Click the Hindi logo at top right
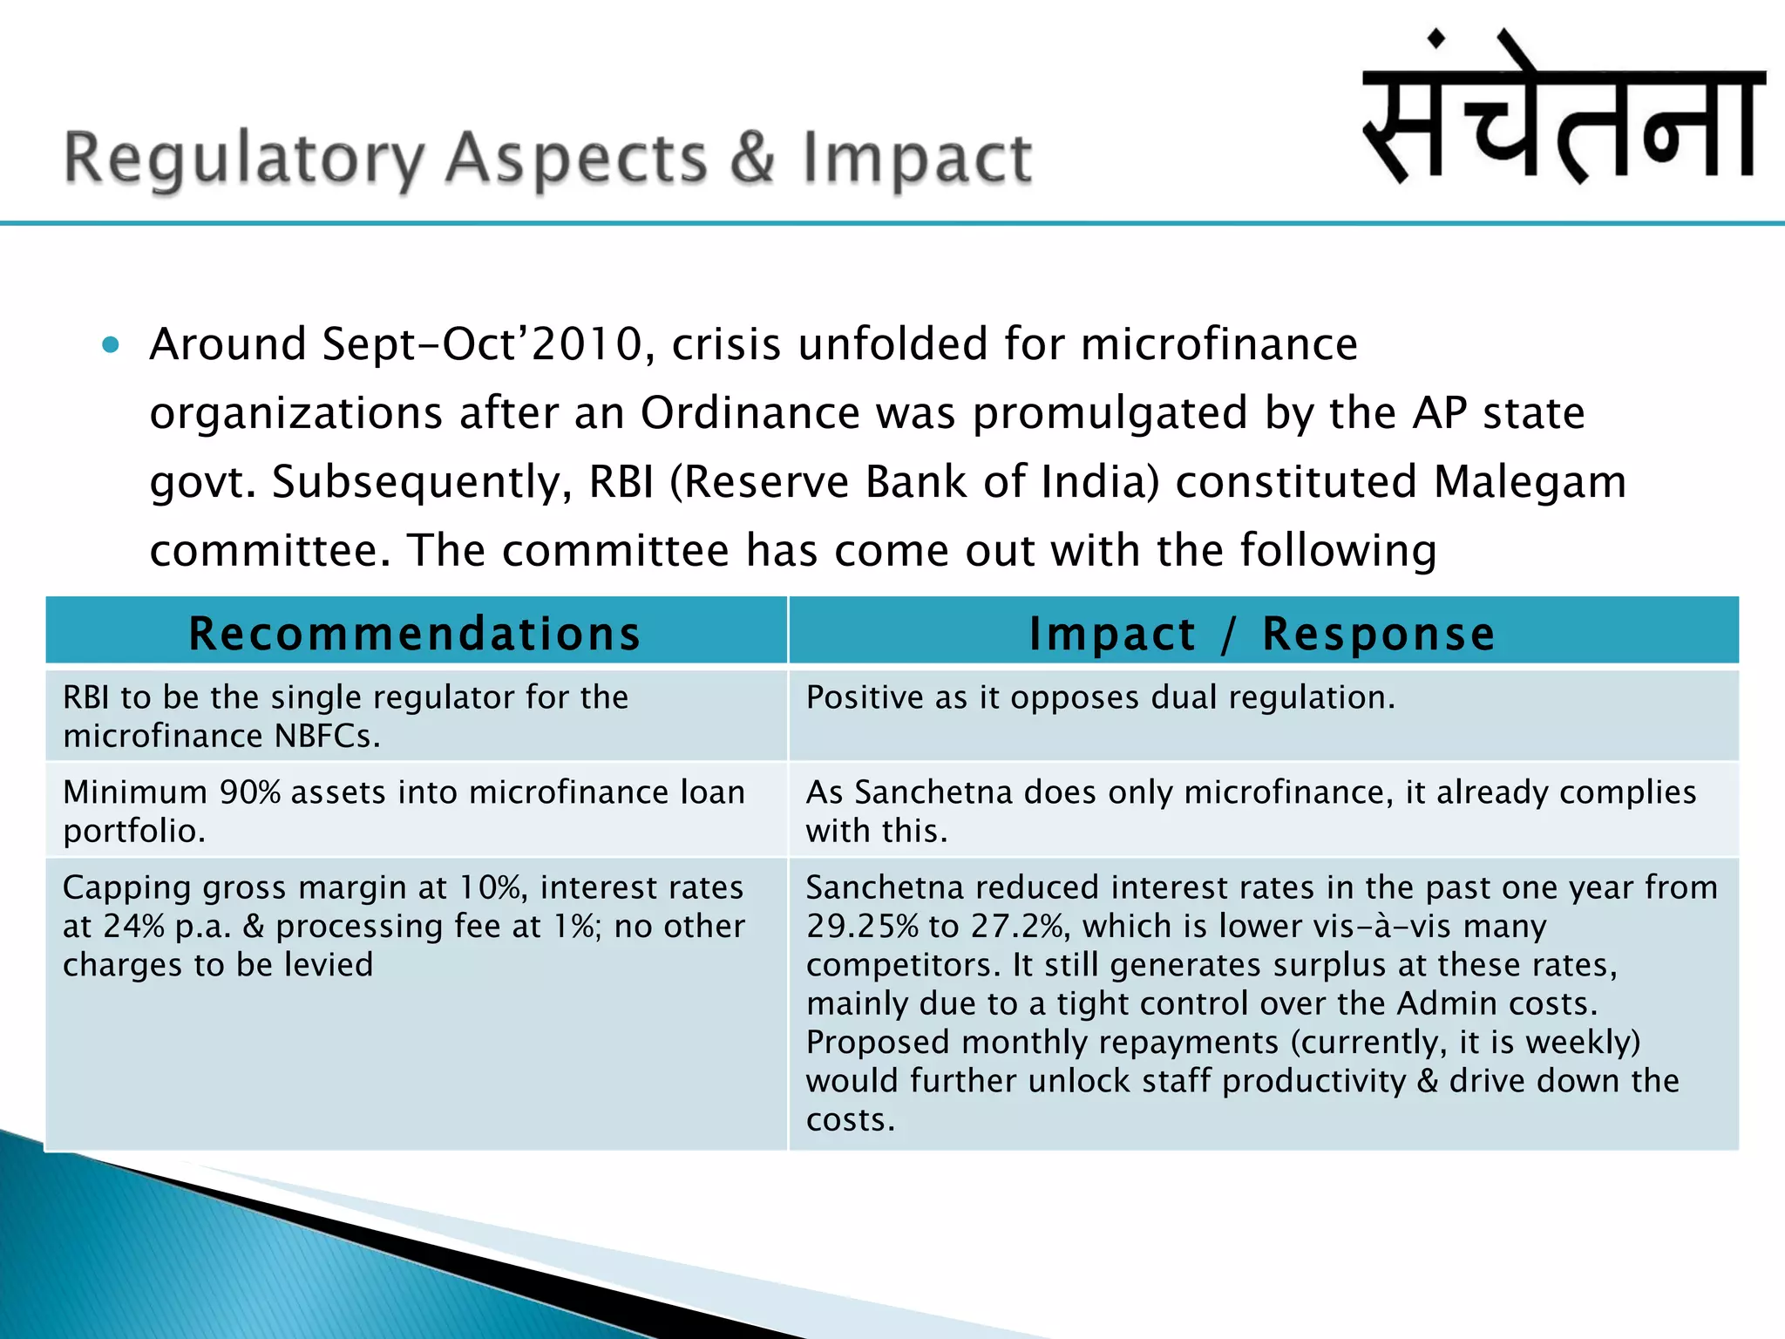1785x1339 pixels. pos(1564,109)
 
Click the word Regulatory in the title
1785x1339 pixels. pos(244,160)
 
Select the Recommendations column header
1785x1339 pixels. pos(416,633)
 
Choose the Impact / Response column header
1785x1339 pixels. pos(1262,633)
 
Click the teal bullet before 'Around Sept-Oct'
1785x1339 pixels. pos(110,345)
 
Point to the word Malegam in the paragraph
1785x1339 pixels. pos(1530,481)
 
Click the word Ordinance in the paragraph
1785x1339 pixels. pos(750,412)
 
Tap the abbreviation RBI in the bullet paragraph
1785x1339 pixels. pos(621,481)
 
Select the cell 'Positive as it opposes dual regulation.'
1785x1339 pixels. pos(1100,697)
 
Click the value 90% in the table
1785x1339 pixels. pos(250,792)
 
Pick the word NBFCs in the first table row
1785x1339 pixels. pos(327,737)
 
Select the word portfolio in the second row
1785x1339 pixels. pos(133,832)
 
